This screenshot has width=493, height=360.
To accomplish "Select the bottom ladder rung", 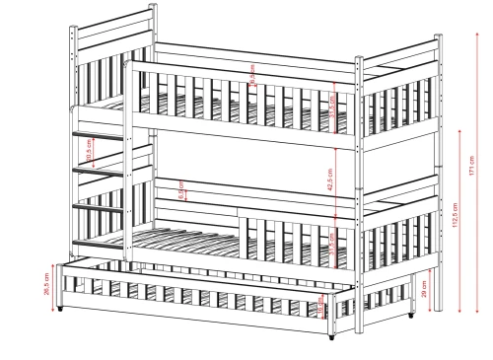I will click(100, 207).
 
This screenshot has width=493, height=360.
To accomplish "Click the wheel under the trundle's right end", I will click(332, 335).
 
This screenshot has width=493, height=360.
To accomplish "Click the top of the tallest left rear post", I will click(153, 8).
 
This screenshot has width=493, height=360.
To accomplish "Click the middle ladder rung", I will click(100, 172).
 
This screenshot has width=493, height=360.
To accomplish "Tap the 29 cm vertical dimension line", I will click(435, 286).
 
